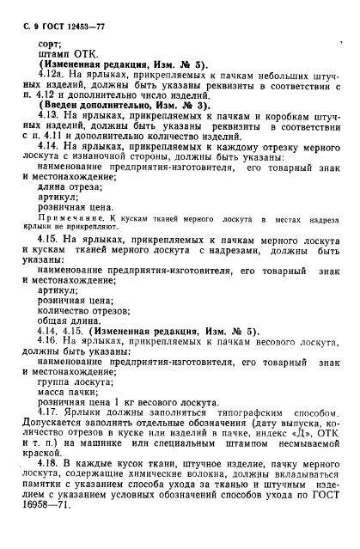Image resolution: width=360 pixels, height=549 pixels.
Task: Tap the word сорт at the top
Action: (50, 41)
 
